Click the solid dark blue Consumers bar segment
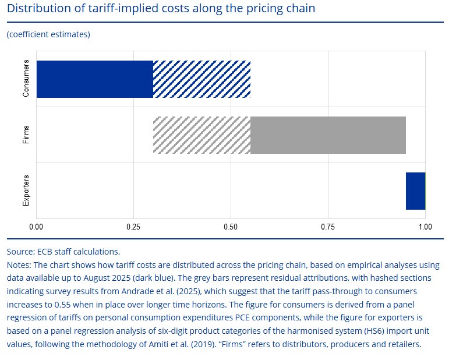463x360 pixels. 95,79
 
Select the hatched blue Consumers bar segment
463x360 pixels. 202,79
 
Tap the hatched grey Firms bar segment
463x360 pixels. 202,135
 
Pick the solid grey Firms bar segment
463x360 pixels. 328,135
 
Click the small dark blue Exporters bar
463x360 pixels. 415,190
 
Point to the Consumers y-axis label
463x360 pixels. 26,79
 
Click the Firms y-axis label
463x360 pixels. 26,135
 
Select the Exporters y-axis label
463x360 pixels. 26,190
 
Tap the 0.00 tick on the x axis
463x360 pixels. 37,226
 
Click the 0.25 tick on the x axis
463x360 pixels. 134,226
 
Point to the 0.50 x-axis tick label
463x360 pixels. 231,226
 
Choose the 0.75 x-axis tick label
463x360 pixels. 328,226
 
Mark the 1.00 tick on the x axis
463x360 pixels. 425,226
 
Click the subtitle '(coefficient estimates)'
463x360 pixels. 48,34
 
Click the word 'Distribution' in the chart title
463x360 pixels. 37,9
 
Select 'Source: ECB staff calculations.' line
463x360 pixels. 63,252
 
